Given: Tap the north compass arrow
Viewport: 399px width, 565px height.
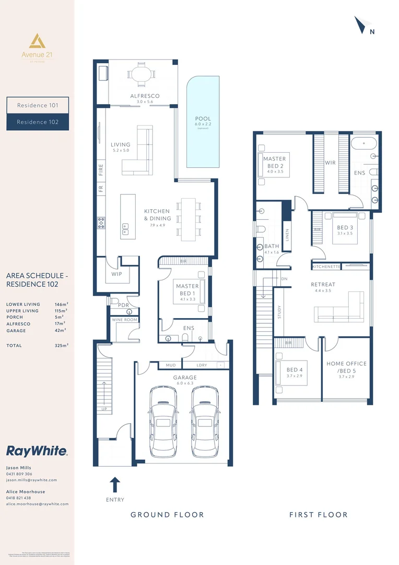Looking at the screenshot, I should tap(361, 25).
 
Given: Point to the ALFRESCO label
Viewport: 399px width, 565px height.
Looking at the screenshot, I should tap(145, 96).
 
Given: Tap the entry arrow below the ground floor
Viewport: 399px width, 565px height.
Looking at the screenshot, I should tap(115, 484).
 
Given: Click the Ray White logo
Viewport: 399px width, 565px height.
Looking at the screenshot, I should tap(37, 451).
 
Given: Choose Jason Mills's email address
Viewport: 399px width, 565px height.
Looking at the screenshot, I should tap(31, 480).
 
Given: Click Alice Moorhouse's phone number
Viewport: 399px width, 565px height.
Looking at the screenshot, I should tap(19, 498).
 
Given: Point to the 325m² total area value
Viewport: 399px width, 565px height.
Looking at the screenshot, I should tap(61, 345).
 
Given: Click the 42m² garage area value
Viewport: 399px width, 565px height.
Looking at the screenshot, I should tap(60, 331).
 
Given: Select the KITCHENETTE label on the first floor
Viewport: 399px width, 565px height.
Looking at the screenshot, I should tap(326, 267).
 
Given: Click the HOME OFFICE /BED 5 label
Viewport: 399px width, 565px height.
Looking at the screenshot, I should tap(346, 367).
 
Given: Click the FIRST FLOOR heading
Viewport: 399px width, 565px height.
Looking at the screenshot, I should tap(318, 515).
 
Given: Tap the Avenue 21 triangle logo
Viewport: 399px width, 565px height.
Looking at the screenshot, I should tap(37, 41).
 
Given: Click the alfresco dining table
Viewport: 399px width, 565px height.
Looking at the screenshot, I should tap(139, 74).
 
